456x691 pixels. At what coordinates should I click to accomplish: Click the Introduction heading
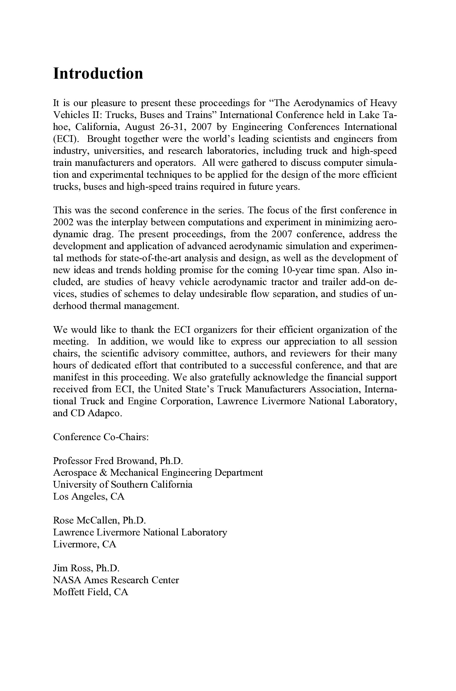point(98,73)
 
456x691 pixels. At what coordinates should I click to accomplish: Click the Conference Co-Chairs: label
point(101,437)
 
